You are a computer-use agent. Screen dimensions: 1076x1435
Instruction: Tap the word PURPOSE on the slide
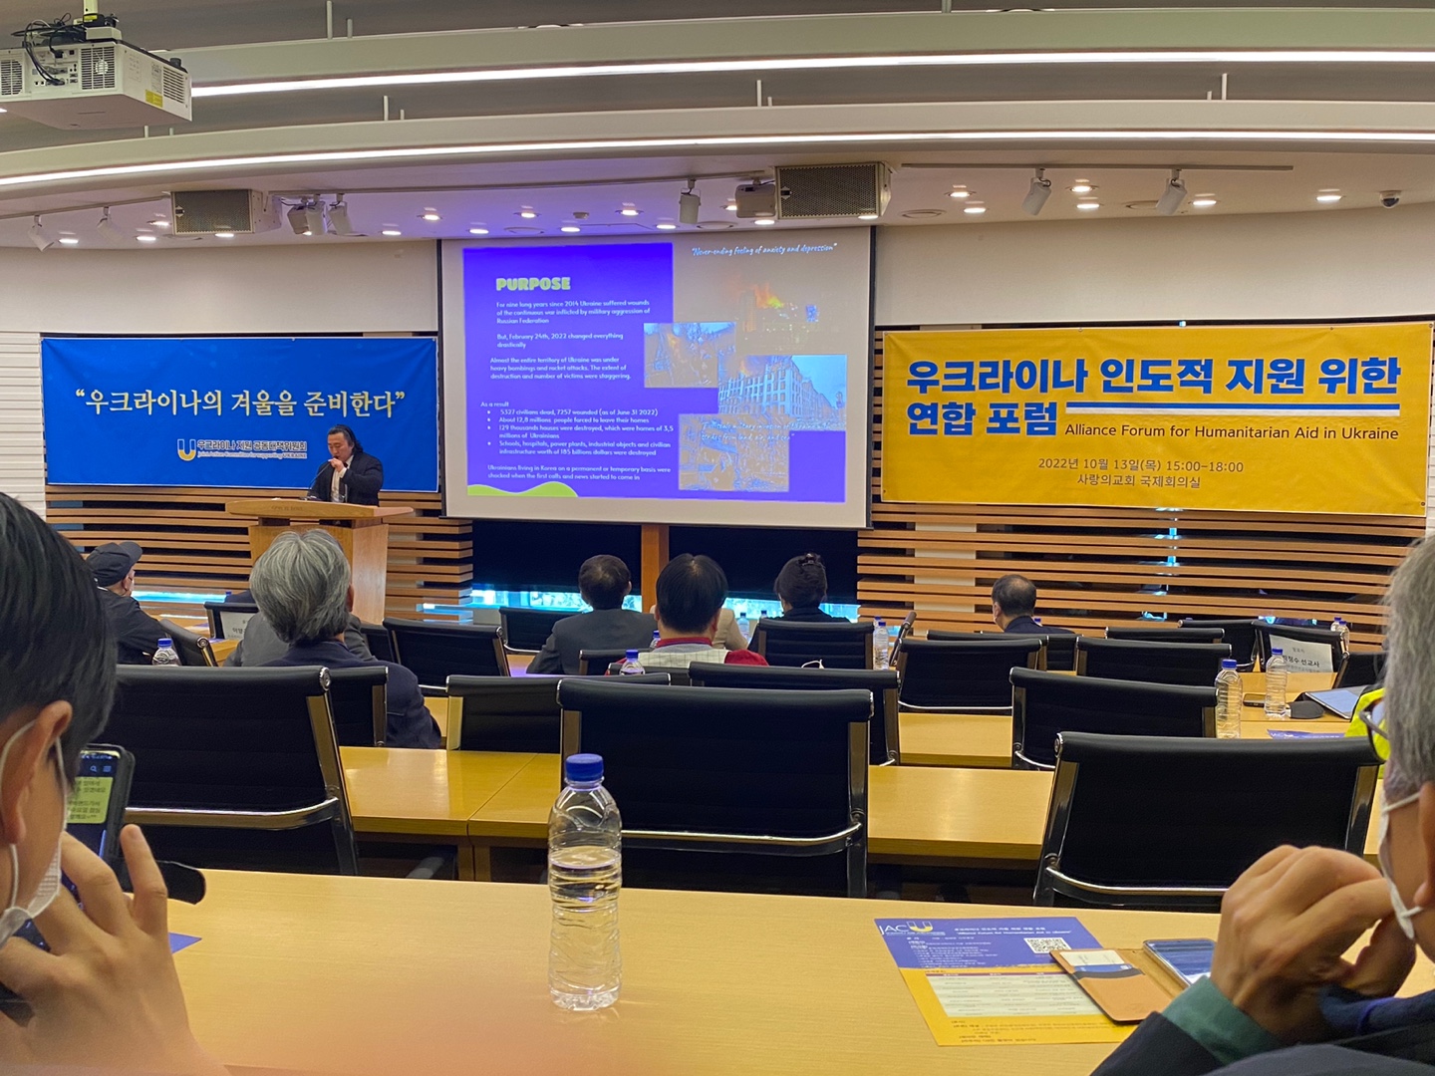533,284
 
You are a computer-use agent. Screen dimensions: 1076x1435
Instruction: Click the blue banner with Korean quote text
239,411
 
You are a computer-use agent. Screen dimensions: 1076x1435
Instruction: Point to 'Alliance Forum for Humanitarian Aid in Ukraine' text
1231,432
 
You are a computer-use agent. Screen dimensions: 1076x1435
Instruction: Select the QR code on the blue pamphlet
1045,943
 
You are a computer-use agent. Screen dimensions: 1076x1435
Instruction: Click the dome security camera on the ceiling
1389,199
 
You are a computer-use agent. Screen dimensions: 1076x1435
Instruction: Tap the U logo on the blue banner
185,449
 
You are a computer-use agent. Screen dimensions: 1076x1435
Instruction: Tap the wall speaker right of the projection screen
832,189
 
